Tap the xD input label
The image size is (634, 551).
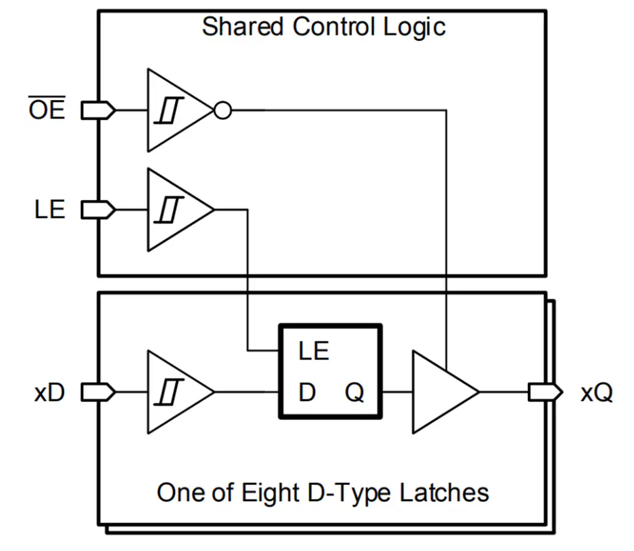pos(49,393)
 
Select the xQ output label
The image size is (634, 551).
pos(596,393)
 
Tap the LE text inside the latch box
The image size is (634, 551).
pos(314,352)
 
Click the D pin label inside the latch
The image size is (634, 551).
pos(307,394)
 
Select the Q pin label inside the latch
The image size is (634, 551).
pos(354,394)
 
